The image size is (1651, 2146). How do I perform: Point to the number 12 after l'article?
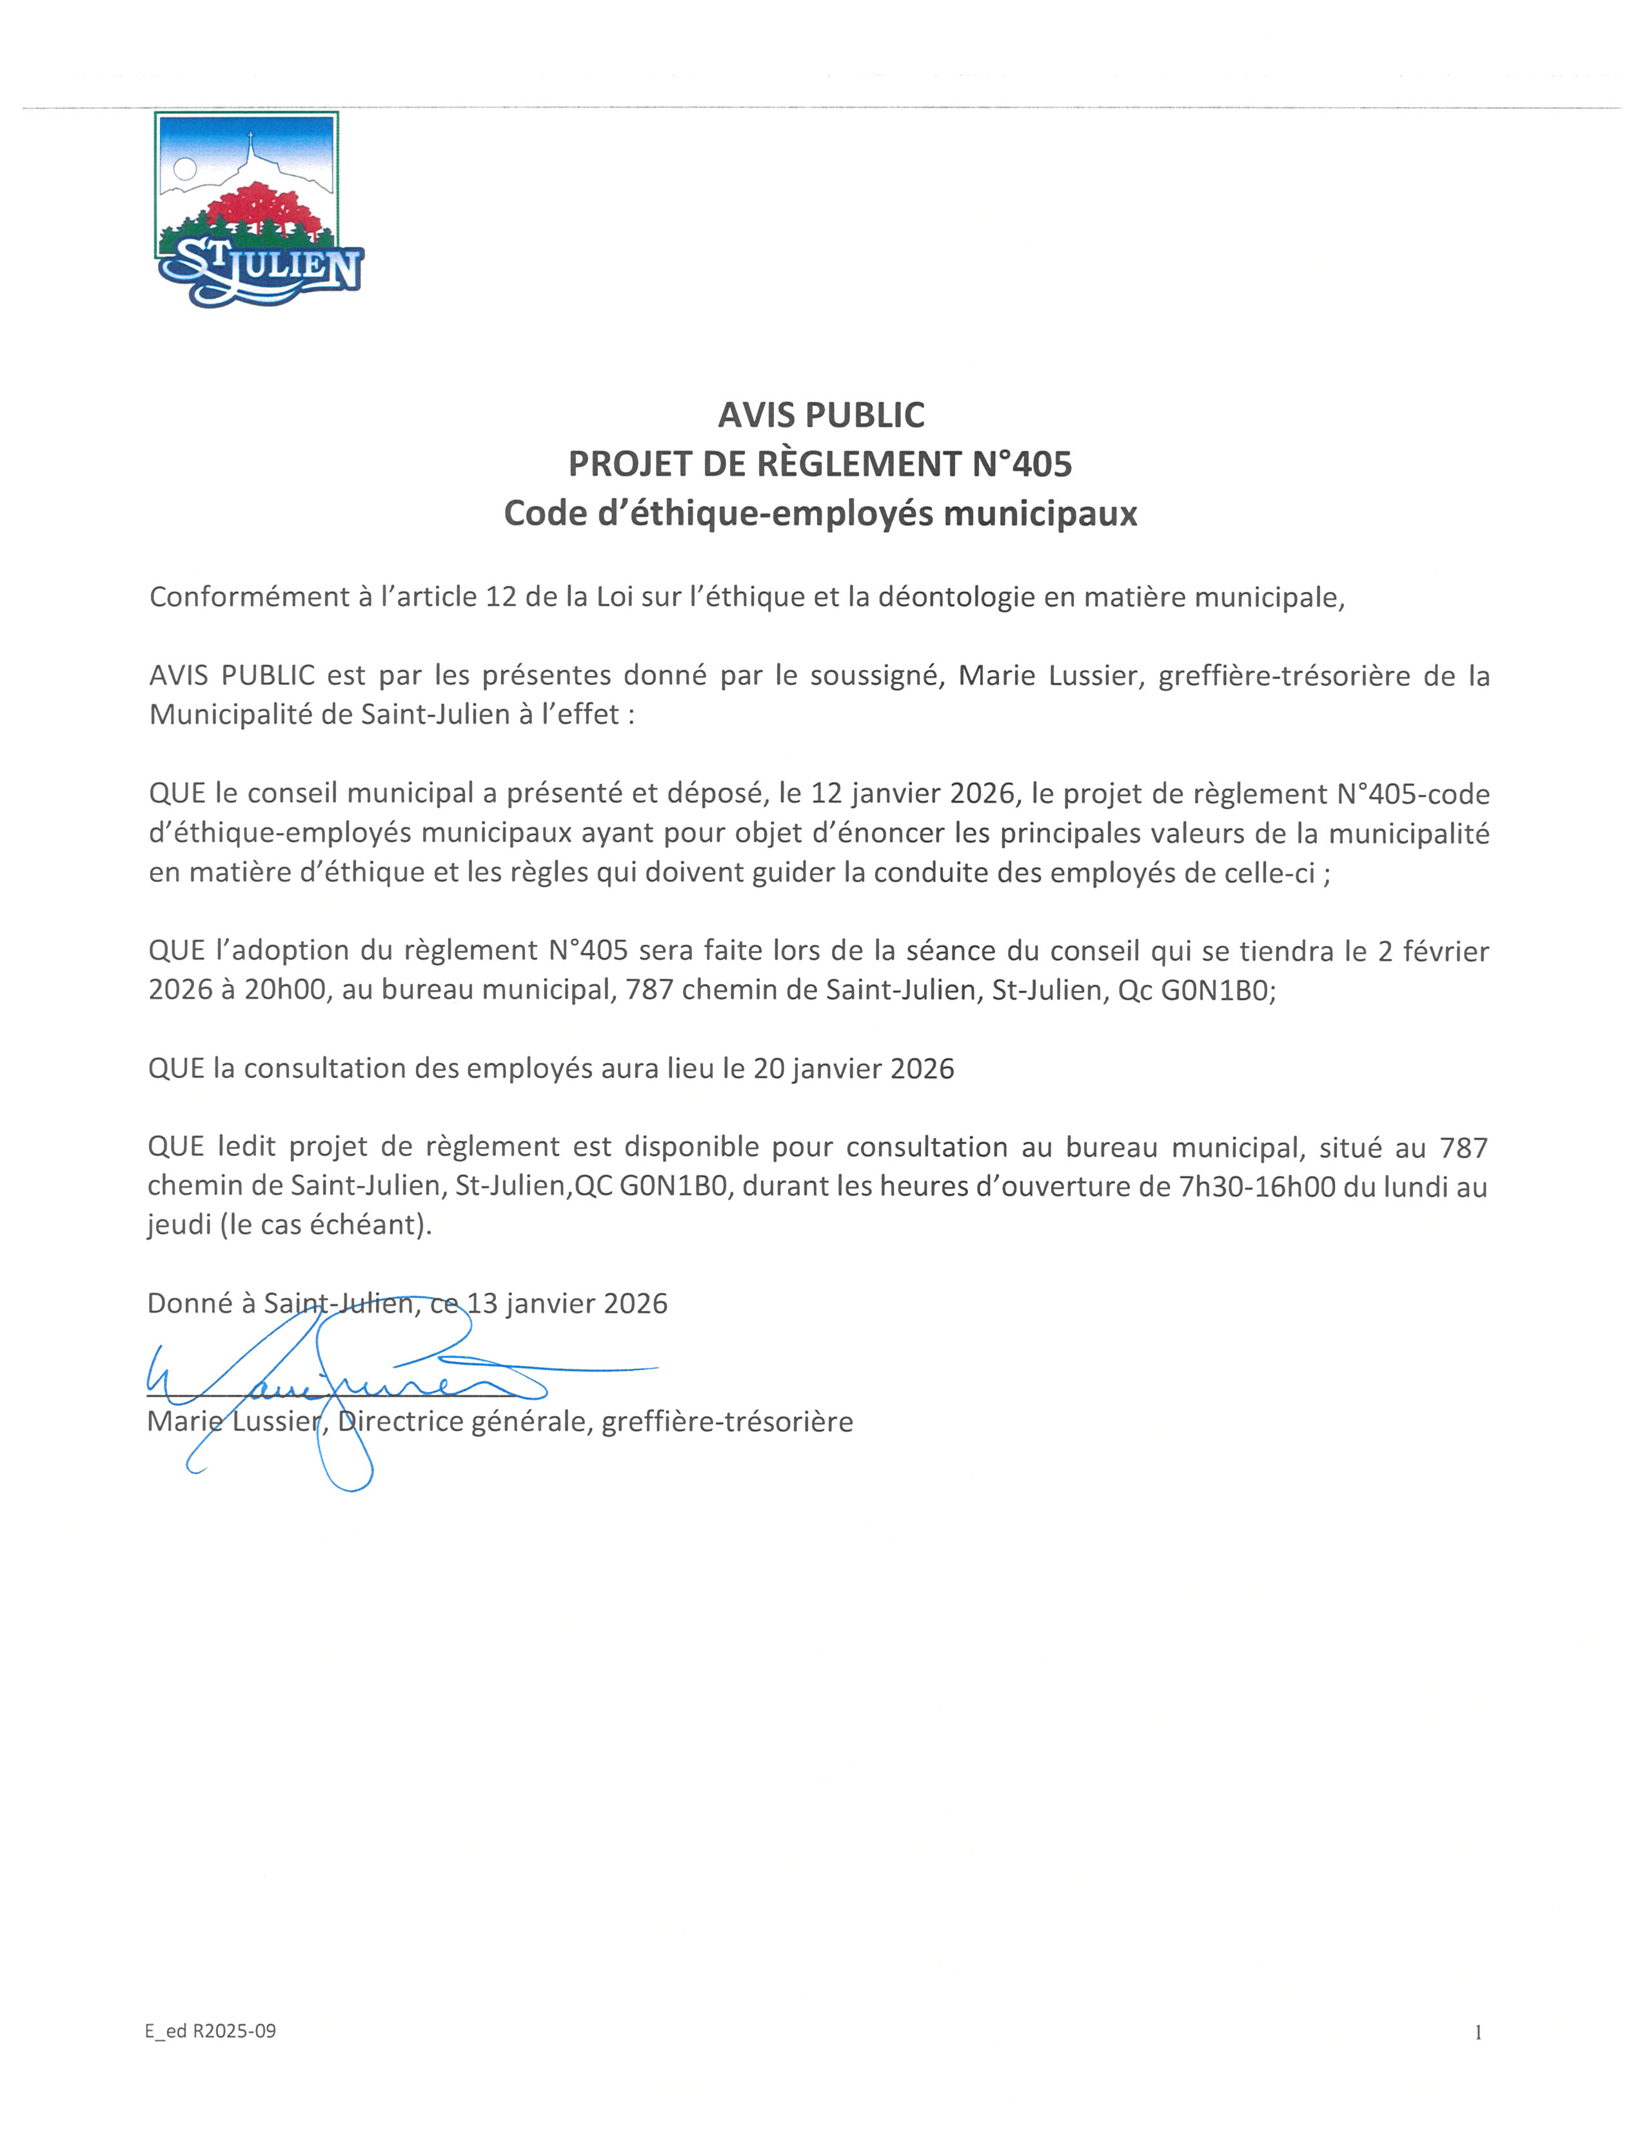pos(500,597)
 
